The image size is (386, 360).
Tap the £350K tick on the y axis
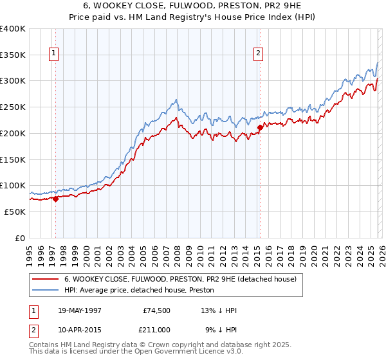tap(13, 55)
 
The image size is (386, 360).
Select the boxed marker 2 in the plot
tap(258, 54)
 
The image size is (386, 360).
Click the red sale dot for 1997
tap(56, 199)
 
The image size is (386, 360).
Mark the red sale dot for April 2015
tap(260, 127)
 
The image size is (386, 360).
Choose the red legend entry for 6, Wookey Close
tap(180, 279)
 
